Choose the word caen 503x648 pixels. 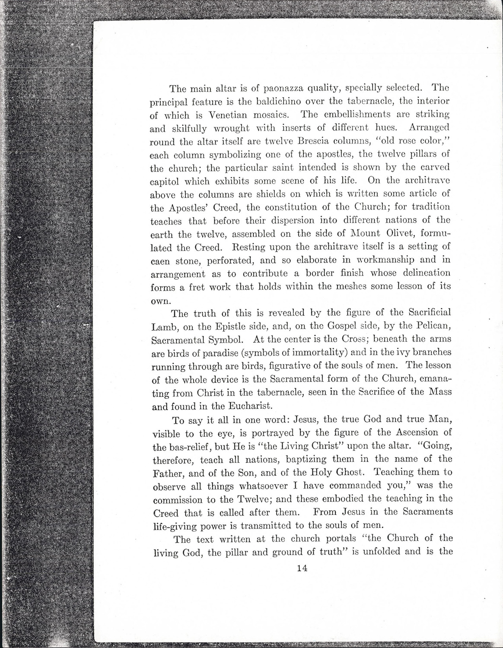(x=160, y=261)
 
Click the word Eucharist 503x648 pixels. (x=250, y=406)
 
